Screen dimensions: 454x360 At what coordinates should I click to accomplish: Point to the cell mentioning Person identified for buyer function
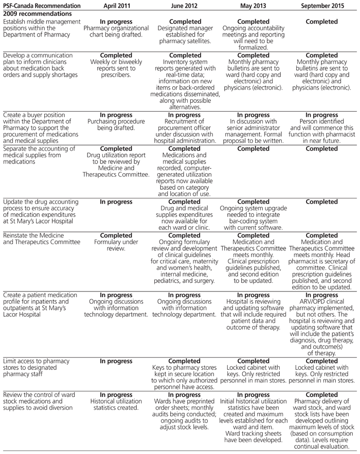pos(321,125)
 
